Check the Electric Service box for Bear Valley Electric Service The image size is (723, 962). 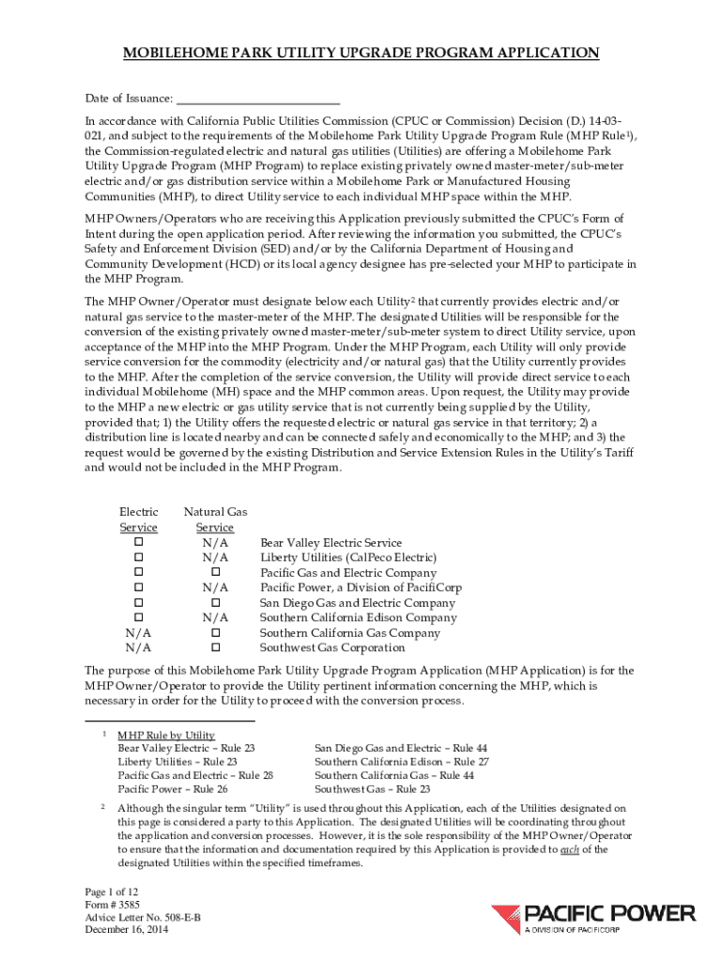(x=138, y=543)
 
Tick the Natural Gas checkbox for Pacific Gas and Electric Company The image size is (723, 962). (x=215, y=572)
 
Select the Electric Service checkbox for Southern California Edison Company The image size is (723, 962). (x=138, y=617)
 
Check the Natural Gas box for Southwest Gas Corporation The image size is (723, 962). (x=215, y=647)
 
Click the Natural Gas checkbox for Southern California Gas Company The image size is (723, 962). (x=215, y=632)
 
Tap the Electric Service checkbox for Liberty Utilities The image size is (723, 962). (x=138, y=558)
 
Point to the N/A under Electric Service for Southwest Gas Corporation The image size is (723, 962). (x=138, y=647)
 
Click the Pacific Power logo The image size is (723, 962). (x=592, y=918)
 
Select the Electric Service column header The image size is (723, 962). (x=138, y=520)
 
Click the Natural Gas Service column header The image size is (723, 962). (x=215, y=520)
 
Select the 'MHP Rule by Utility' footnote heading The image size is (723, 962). (x=166, y=735)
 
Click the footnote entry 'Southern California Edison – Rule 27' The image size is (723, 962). (x=401, y=762)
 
